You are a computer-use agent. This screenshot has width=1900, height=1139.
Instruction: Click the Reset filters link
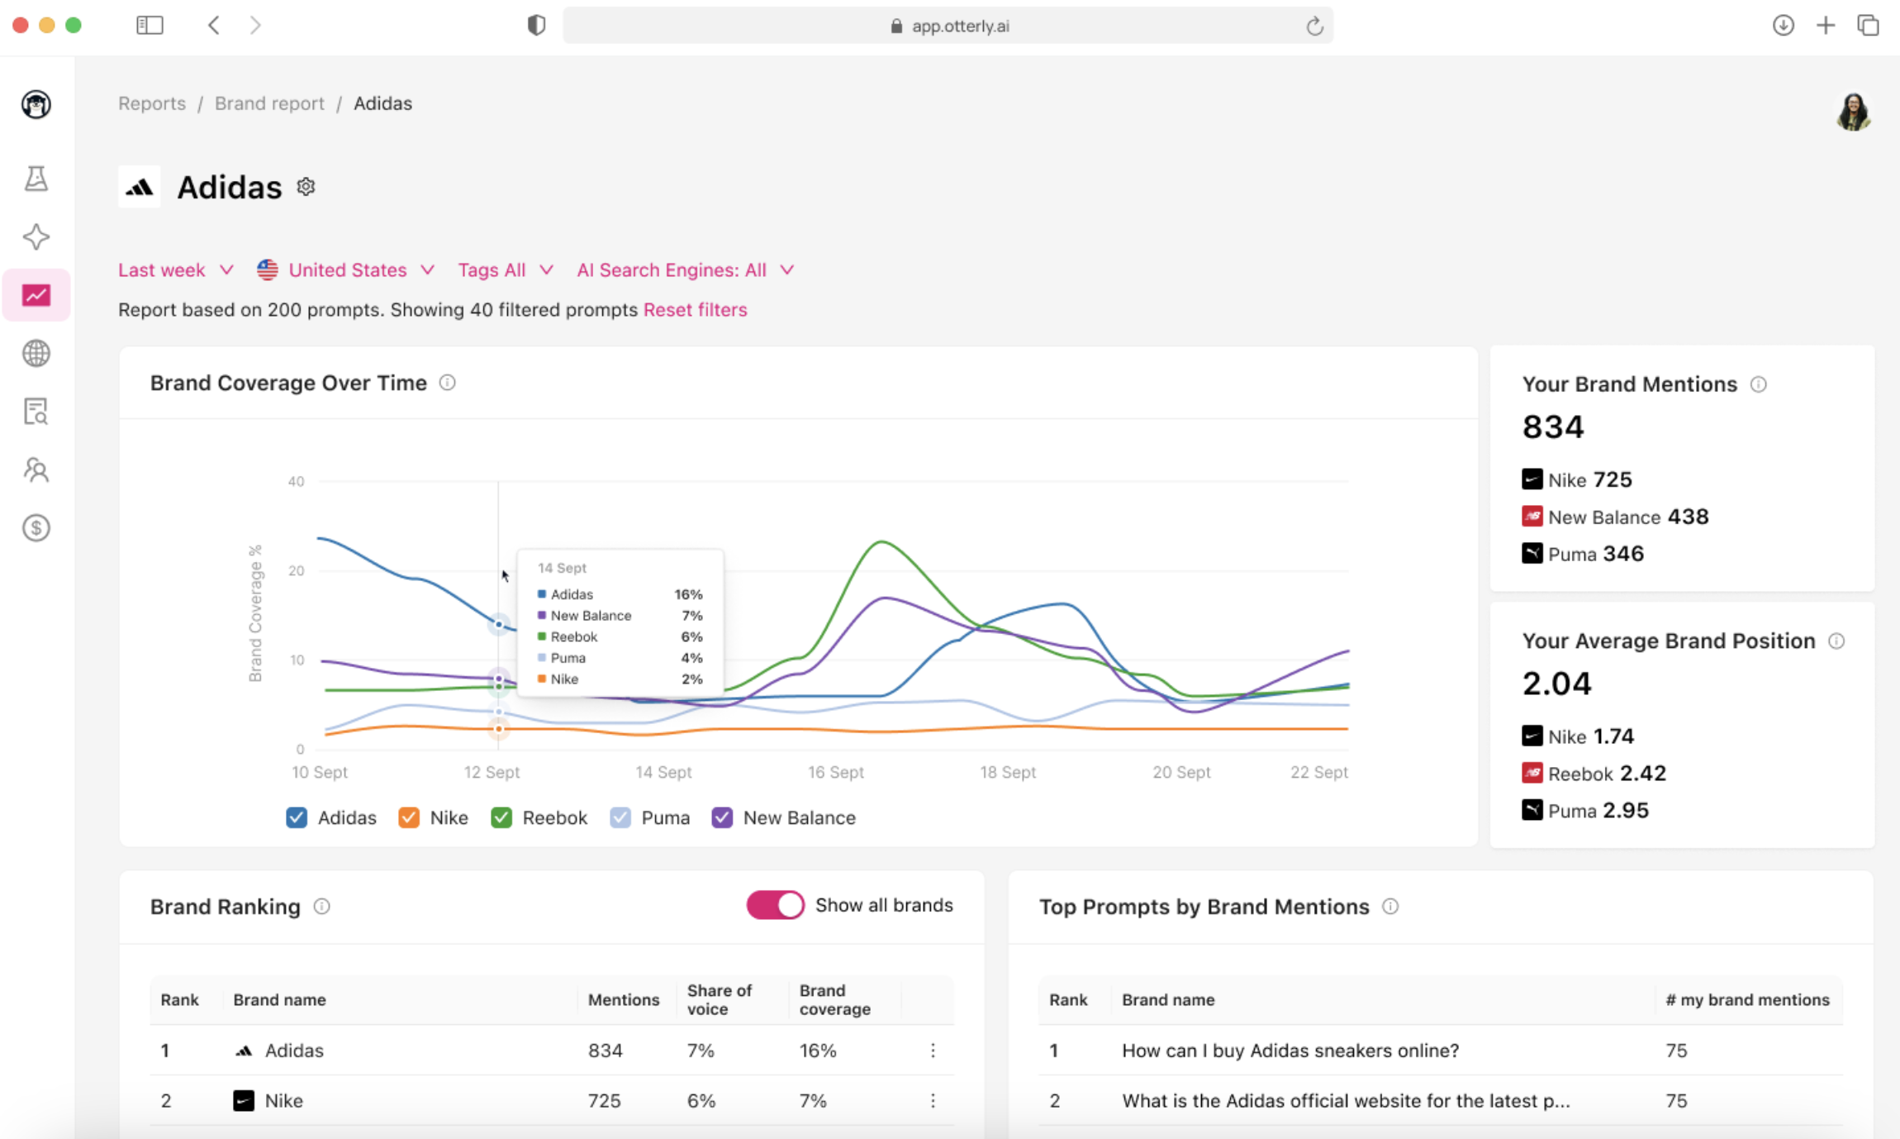695,310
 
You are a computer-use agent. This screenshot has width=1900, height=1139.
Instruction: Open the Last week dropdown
175,270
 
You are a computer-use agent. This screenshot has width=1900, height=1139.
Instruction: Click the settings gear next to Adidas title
306,187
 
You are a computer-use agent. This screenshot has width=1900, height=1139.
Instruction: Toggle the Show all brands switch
775,905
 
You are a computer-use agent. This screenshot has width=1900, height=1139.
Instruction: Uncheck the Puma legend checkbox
620,817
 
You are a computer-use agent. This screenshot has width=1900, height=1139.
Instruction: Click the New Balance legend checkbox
722,817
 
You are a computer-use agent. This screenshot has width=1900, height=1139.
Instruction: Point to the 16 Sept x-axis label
835,772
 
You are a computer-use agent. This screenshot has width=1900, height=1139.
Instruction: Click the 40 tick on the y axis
296,482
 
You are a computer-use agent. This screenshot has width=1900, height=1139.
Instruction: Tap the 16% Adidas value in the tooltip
687,594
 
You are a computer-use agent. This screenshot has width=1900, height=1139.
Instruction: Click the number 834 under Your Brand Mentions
1552,427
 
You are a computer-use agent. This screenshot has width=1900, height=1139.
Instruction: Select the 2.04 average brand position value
1556,684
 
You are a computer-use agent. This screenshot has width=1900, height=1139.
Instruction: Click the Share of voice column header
720,999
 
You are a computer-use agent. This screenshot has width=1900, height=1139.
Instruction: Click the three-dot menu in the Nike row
933,1101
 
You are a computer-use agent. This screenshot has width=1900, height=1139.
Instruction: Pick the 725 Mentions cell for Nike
604,1101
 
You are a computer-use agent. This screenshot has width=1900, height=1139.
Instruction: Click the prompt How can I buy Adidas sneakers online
1290,1051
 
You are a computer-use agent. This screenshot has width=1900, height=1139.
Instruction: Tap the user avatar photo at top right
1853,112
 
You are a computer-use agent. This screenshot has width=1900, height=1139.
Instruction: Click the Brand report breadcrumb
269,103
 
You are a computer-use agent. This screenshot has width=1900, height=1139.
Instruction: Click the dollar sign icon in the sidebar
36,527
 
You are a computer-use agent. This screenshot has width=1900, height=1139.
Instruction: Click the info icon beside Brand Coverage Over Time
447,383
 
